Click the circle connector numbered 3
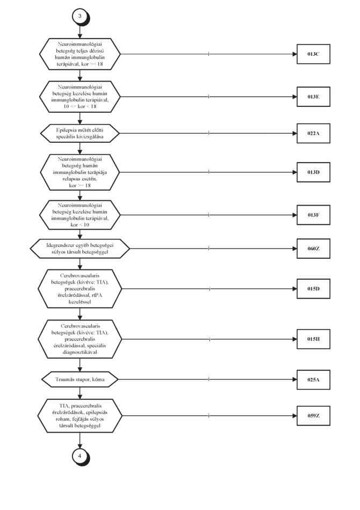click(80, 17)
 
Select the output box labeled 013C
click(313, 54)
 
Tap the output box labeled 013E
click(313, 97)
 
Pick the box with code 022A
click(313, 133)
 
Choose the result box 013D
click(313, 172)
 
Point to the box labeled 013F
click(313, 215)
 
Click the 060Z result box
click(313, 249)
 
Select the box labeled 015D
click(313, 288)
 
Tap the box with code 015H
click(313, 339)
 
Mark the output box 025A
click(313, 380)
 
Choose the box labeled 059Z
click(313, 416)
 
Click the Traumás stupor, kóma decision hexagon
click(80, 379)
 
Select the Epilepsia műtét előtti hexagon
click(80, 133)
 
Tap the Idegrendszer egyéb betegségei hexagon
click(80, 249)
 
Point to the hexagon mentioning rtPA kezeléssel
click(80, 288)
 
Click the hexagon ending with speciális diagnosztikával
click(80, 339)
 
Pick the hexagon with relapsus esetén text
click(80, 172)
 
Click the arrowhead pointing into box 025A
click(294, 380)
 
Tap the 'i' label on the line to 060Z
click(209, 249)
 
